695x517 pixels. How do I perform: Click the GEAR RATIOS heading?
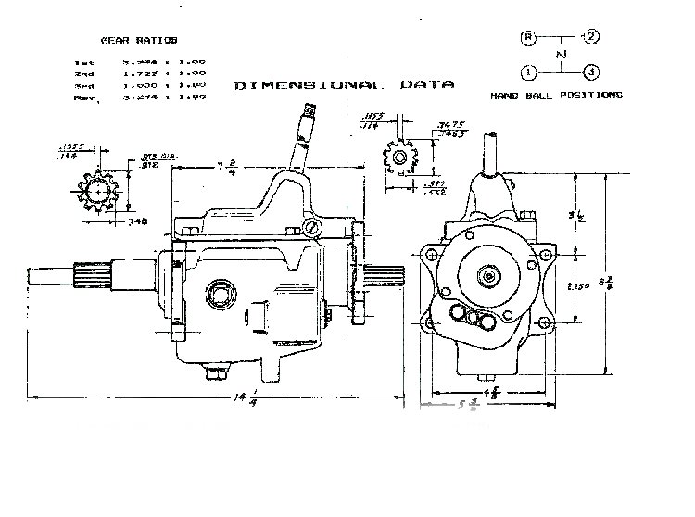[138, 40]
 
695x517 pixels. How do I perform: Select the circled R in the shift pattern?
[528, 37]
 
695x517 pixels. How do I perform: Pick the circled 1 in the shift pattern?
[528, 71]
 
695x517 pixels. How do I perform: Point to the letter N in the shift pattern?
[559, 55]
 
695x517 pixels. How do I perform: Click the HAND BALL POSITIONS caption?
[556, 95]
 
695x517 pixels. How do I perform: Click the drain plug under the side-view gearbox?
[214, 372]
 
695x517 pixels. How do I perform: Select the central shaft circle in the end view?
[488, 275]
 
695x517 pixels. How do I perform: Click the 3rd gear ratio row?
[139, 82]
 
